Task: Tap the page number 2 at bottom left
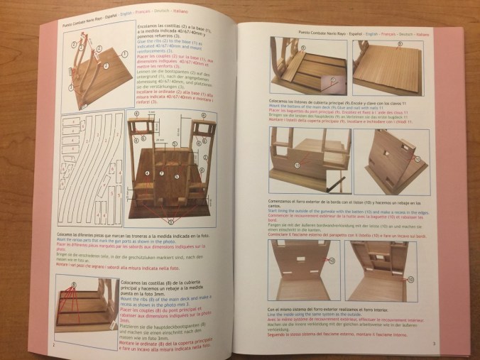[55, 346]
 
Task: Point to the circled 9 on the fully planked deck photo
[399, 44]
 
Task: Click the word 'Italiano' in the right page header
[427, 33]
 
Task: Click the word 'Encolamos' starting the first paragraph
[148, 24]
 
